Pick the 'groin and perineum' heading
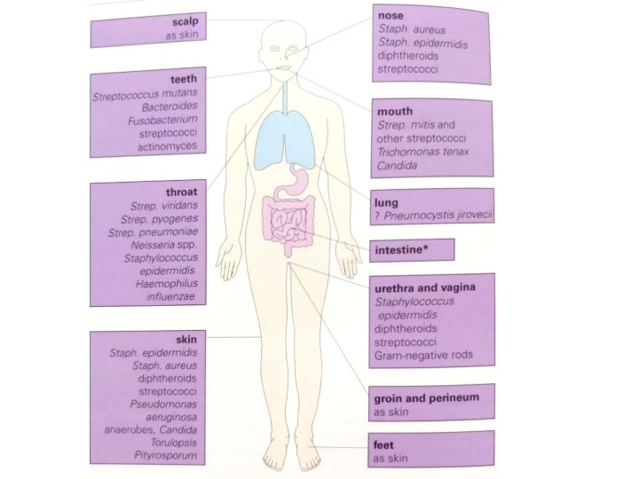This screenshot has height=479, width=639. (426, 398)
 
